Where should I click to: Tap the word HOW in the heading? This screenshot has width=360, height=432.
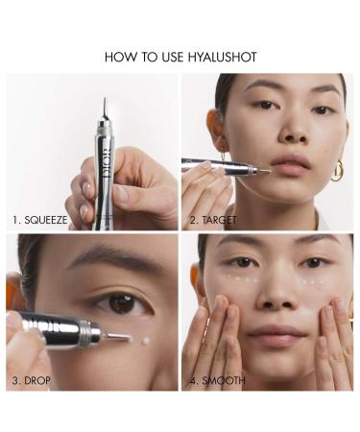click(x=119, y=58)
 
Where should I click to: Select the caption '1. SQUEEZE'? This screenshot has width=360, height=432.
click(x=40, y=219)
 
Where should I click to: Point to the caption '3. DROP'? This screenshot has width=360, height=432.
click(x=32, y=380)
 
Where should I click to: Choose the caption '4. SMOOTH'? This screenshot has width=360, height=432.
click(x=218, y=380)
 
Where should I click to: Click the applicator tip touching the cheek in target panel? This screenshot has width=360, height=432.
click(x=260, y=170)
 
